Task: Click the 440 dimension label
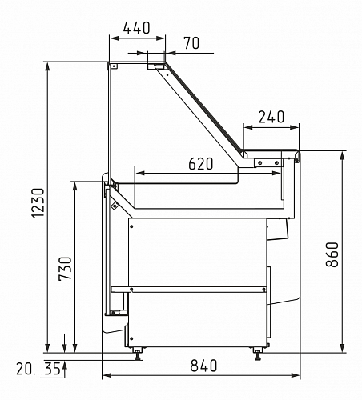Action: [136, 28]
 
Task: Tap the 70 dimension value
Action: [191, 43]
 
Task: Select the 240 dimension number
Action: [271, 117]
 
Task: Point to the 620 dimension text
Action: [201, 163]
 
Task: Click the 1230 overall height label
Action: [38, 203]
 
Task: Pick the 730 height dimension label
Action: [65, 269]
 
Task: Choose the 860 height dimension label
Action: [332, 254]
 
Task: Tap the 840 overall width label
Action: [203, 366]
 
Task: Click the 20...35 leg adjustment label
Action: [38, 369]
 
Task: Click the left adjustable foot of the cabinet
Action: [138, 354]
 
